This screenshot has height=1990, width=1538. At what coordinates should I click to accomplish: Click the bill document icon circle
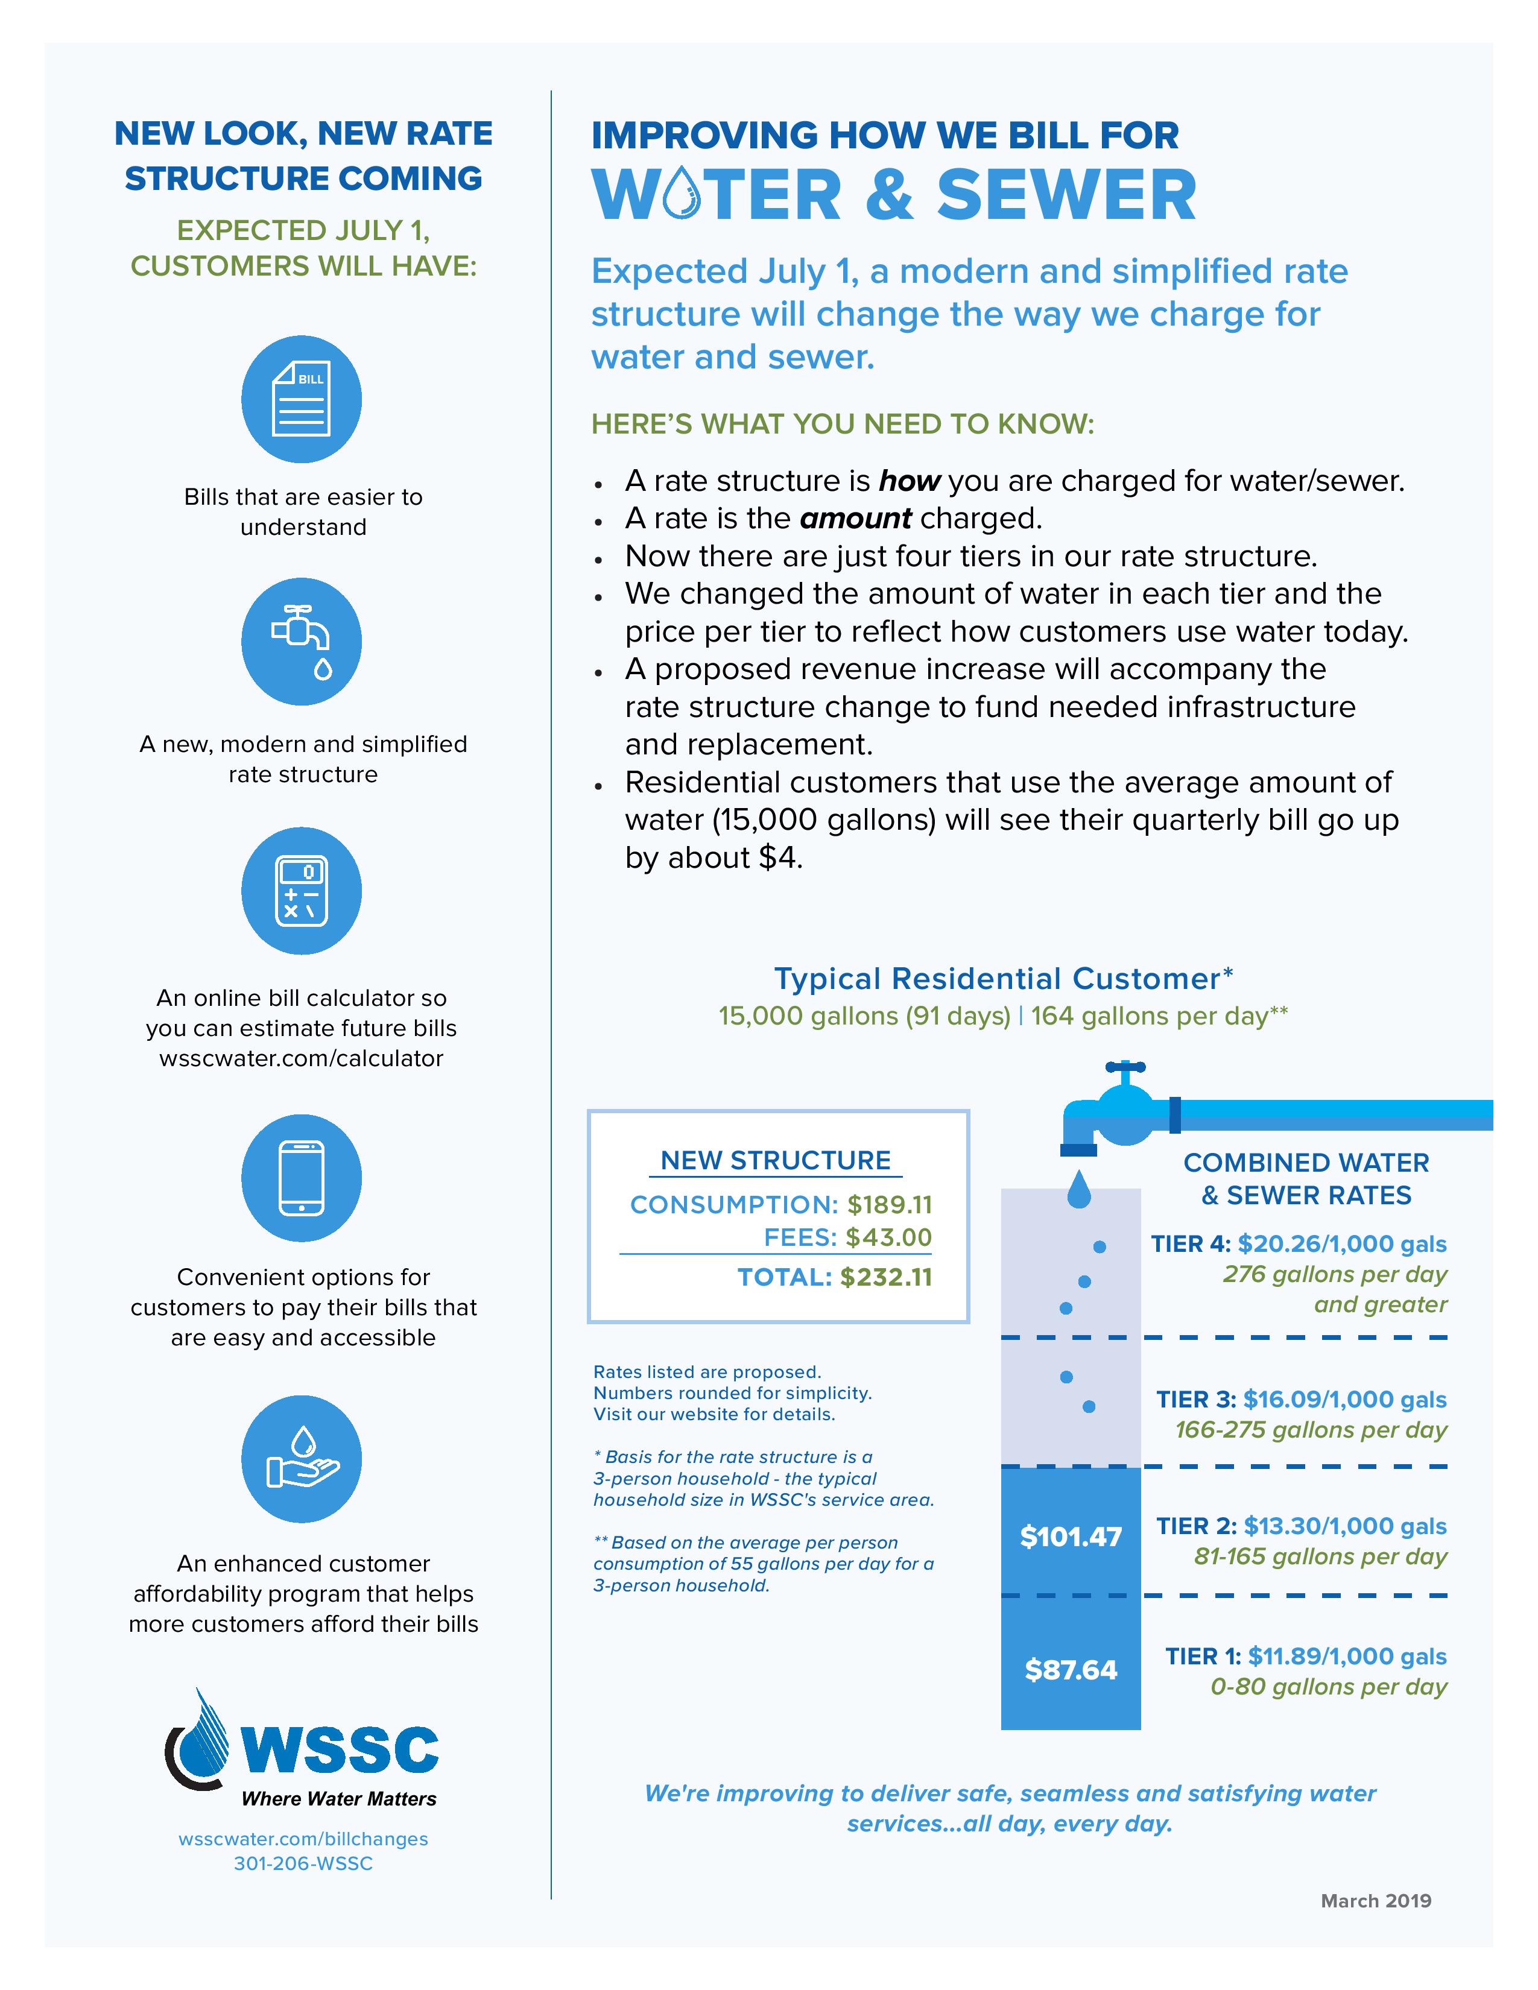point(302,399)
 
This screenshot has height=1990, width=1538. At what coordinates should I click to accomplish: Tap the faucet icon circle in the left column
point(302,642)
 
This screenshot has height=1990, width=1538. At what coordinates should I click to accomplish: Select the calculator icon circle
point(302,890)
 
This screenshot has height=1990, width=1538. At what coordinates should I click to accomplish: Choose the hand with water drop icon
point(302,1459)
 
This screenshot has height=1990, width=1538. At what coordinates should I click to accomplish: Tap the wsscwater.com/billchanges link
point(303,1839)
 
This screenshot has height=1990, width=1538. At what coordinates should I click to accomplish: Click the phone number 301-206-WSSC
point(303,1863)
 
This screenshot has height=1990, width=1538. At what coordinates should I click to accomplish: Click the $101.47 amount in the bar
point(1071,1537)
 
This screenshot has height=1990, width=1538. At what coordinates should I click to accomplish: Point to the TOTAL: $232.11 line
point(835,1277)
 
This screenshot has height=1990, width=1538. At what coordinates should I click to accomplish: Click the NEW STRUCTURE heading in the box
point(776,1160)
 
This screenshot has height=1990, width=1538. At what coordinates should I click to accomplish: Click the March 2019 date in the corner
point(1376,1901)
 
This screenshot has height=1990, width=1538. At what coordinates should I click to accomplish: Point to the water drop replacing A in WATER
point(682,194)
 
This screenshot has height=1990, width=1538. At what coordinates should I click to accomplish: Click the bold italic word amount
point(855,519)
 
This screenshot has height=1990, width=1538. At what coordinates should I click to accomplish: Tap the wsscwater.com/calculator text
point(302,1058)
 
